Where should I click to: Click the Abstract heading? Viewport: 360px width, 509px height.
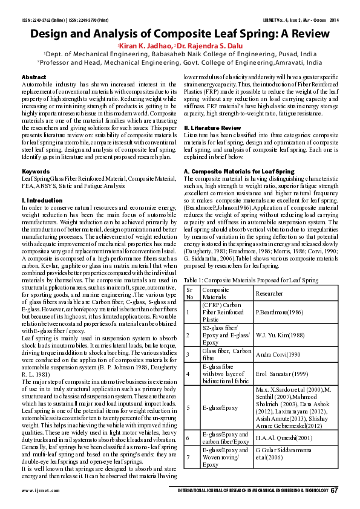point(33,77)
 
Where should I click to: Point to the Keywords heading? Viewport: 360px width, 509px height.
point(35,172)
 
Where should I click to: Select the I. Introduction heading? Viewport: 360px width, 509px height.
point(42,199)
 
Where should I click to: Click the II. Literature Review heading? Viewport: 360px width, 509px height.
point(209,128)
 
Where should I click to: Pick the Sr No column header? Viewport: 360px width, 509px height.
point(191,293)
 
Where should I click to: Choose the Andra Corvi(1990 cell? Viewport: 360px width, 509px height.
point(278,354)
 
